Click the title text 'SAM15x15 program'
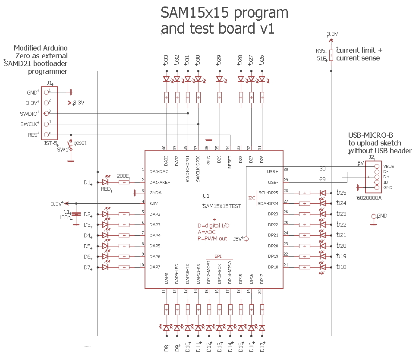point(224,13)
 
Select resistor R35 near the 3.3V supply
point(331,55)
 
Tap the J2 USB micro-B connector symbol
point(373,177)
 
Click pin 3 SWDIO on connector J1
point(46,113)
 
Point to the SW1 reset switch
point(71,145)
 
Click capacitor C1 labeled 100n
point(76,214)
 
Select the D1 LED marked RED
point(105,183)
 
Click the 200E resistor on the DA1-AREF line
point(124,183)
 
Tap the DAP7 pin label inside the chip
point(155,267)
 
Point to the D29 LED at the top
point(219,79)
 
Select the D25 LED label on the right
point(341,193)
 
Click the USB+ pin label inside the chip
point(273,171)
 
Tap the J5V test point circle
point(246,239)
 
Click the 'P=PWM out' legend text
point(212,239)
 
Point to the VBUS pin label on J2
point(388,167)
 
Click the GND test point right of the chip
point(374,216)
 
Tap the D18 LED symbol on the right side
point(322,267)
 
